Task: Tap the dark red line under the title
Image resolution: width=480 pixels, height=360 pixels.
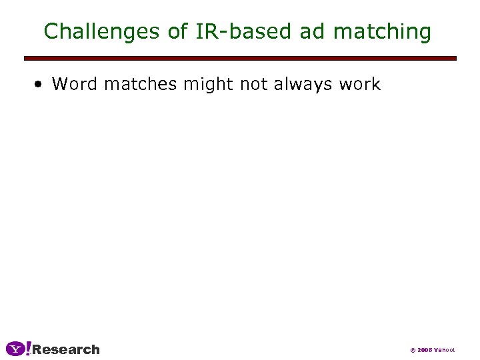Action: pos(240,59)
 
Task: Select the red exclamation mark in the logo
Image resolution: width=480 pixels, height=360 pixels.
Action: pos(28,348)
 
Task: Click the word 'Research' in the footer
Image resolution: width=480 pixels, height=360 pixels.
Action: pos(66,349)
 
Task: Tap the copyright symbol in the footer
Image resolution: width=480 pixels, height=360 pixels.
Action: pos(413,350)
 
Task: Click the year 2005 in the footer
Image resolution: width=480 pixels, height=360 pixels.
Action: pos(425,350)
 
